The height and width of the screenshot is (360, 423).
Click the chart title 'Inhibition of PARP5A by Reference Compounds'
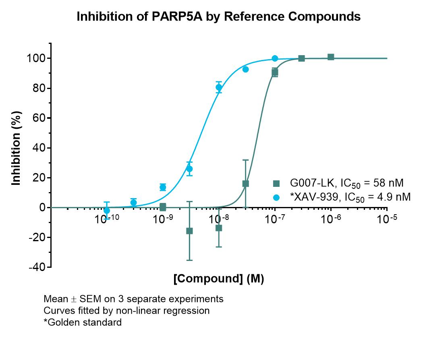(x=218, y=17)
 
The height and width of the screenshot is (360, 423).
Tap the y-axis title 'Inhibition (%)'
(x=16, y=148)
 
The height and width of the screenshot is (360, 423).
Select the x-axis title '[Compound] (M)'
(x=218, y=278)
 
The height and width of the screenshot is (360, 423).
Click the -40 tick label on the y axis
(x=37, y=267)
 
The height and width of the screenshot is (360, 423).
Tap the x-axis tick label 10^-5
(x=387, y=219)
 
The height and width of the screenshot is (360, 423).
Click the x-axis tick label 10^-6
(x=331, y=219)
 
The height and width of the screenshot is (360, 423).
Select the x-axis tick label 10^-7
(x=275, y=219)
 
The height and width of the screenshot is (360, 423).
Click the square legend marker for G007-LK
(x=276, y=183)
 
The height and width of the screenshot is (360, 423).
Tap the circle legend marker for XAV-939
(x=276, y=197)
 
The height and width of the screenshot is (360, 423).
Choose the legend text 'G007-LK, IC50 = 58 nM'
(x=346, y=183)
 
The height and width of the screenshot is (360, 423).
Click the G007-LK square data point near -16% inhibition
(x=189, y=231)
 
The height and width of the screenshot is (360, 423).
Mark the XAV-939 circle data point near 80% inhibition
(x=219, y=87)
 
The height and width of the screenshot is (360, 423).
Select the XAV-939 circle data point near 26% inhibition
(x=189, y=169)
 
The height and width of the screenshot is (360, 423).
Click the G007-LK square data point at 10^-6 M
(x=331, y=57)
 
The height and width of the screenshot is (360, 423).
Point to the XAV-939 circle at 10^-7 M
(x=275, y=58)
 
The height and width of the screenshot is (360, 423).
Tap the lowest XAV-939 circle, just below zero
(x=107, y=210)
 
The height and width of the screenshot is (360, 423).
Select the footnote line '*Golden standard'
(x=83, y=322)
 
